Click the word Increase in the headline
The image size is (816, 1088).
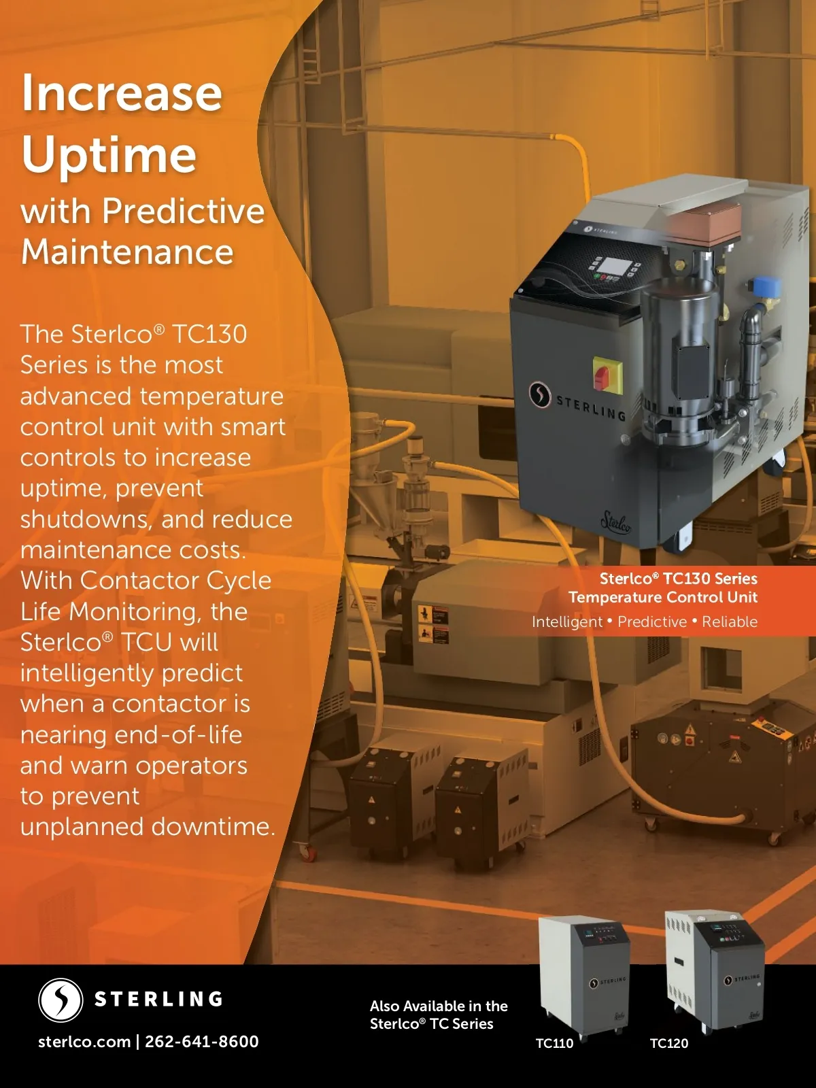pyautogui.click(x=122, y=92)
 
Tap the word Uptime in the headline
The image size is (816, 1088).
pyautogui.click(x=109, y=155)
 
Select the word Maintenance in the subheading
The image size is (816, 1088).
pyautogui.click(x=127, y=252)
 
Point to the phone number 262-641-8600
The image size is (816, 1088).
pyautogui.click(x=202, y=1041)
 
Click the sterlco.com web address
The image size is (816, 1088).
pyautogui.click(x=84, y=1041)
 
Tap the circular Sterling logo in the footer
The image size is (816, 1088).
pyautogui.click(x=61, y=1000)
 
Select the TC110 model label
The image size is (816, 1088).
pyautogui.click(x=554, y=1043)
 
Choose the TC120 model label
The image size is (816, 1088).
pyautogui.click(x=669, y=1043)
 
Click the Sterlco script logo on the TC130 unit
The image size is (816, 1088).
pyautogui.click(x=616, y=522)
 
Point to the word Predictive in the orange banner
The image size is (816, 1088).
pyautogui.click(x=652, y=622)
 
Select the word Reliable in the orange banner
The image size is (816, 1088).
pyautogui.click(x=730, y=622)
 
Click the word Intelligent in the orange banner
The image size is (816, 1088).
pyautogui.click(x=567, y=622)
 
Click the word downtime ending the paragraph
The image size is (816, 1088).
pyautogui.click(x=213, y=826)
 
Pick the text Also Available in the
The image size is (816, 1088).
pyautogui.click(x=439, y=1006)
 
